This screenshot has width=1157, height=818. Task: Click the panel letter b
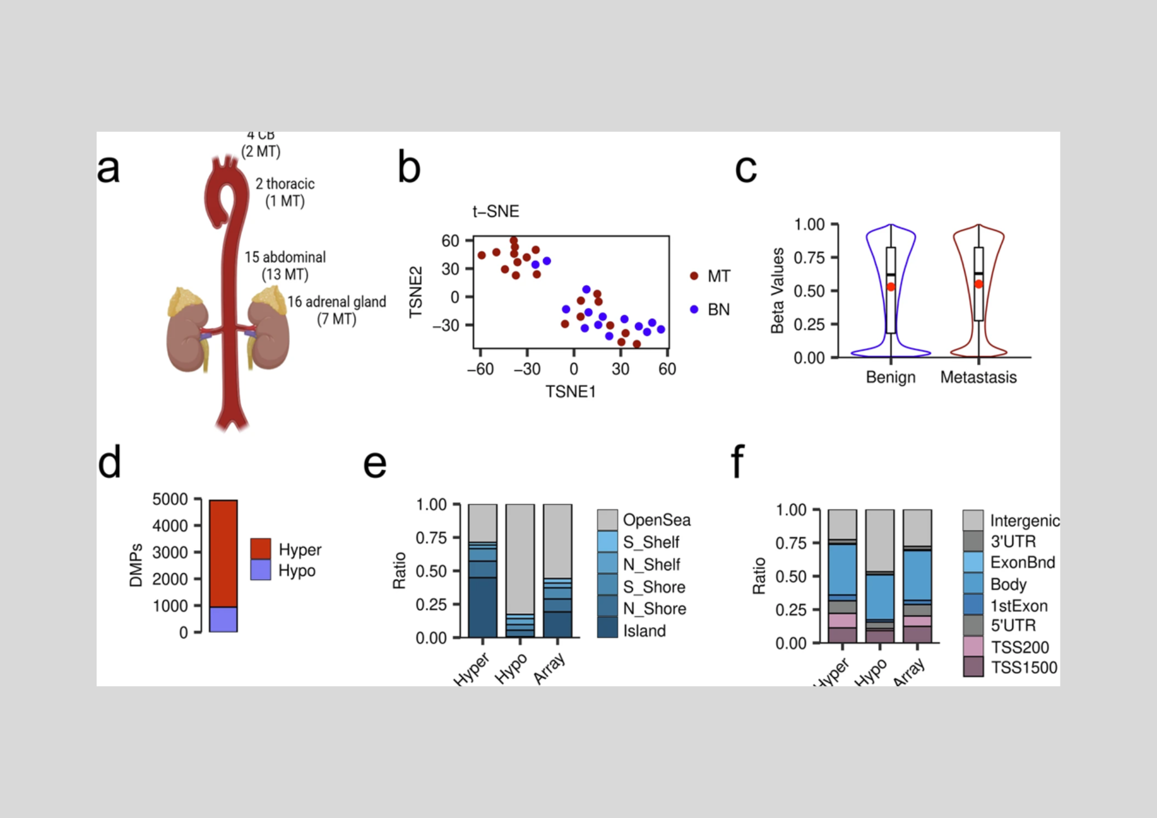(x=409, y=168)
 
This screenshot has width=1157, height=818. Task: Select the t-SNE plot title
(x=496, y=212)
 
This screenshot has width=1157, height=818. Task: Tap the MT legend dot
(x=694, y=276)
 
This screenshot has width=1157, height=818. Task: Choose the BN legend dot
(x=694, y=309)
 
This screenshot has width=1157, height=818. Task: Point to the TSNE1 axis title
(x=570, y=392)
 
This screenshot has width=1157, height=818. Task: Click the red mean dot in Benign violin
(x=891, y=287)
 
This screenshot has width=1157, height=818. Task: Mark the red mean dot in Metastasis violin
(x=978, y=284)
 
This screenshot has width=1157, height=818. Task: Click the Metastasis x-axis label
(x=978, y=377)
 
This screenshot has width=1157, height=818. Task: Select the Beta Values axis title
(x=778, y=291)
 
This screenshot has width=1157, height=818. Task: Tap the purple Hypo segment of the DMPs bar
(x=223, y=619)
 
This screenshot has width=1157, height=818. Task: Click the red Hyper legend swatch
(x=260, y=548)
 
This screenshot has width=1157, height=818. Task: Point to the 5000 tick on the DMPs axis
(x=170, y=499)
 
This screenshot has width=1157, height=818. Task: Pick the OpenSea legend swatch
(x=607, y=519)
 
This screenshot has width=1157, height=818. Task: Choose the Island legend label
(x=644, y=631)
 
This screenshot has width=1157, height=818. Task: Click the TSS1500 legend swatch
(x=973, y=666)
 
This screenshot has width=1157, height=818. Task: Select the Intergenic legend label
(x=1025, y=521)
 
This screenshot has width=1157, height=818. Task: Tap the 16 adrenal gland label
(x=337, y=302)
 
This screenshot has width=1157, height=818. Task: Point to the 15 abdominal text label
(x=285, y=257)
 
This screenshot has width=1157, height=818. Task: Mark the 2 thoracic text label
(x=285, y=184)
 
